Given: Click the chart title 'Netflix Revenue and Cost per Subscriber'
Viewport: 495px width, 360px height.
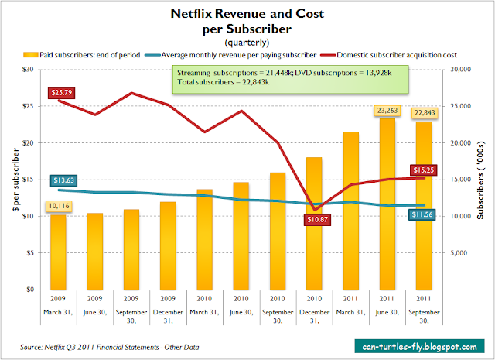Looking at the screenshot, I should pyautogui.click(x=247, y=20).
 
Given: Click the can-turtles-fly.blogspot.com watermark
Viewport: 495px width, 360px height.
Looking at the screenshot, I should pyautogui.click(x=416, y=343).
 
